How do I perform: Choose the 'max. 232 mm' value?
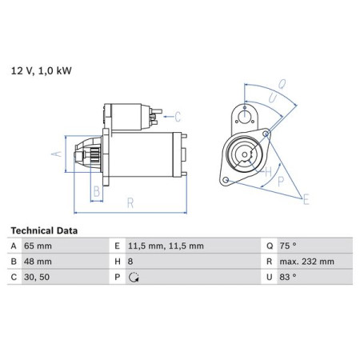(x=294, y=261)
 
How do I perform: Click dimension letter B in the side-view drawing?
(x=96, y=190)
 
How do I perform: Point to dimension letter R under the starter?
(x=130, y=204)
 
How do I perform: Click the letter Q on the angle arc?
(x=282, y=82)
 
